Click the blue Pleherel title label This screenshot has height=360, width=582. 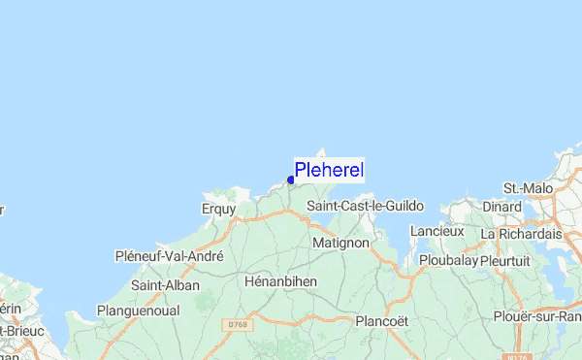coord(329,170)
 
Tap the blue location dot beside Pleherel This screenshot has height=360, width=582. coord(291,180)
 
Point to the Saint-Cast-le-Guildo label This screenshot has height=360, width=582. coord(360,206)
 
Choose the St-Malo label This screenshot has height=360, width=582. coord(528,187)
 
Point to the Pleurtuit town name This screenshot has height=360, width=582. coord(510,261)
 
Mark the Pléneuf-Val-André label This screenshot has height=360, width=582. coord(169,256)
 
